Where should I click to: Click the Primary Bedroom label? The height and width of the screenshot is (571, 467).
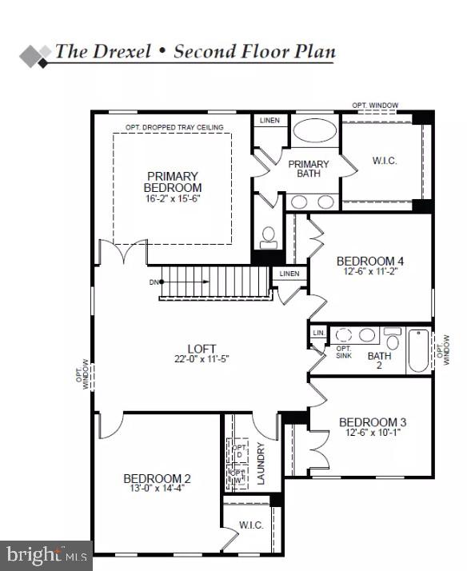point(173,182)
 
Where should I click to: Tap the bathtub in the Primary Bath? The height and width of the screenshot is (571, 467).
point(309,130)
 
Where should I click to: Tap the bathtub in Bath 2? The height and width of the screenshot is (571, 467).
point(419,353)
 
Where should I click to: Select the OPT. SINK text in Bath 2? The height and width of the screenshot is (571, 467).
point(344,353)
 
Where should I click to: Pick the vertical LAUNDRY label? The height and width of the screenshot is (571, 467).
point(260,463)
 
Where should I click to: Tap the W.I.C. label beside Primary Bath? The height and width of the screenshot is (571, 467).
point(385,161)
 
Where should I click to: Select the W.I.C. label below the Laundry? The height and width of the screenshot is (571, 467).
point(251,525)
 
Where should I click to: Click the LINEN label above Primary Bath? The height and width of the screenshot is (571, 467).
point(270,121)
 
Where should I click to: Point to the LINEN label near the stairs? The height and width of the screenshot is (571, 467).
point(289,274)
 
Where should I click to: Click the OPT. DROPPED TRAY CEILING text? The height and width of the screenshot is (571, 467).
point(174,127)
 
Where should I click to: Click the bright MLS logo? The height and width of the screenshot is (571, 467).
point(46,554)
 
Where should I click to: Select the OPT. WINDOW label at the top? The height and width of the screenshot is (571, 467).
point(375,106)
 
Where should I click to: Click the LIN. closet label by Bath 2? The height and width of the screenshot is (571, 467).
point(319,332)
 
